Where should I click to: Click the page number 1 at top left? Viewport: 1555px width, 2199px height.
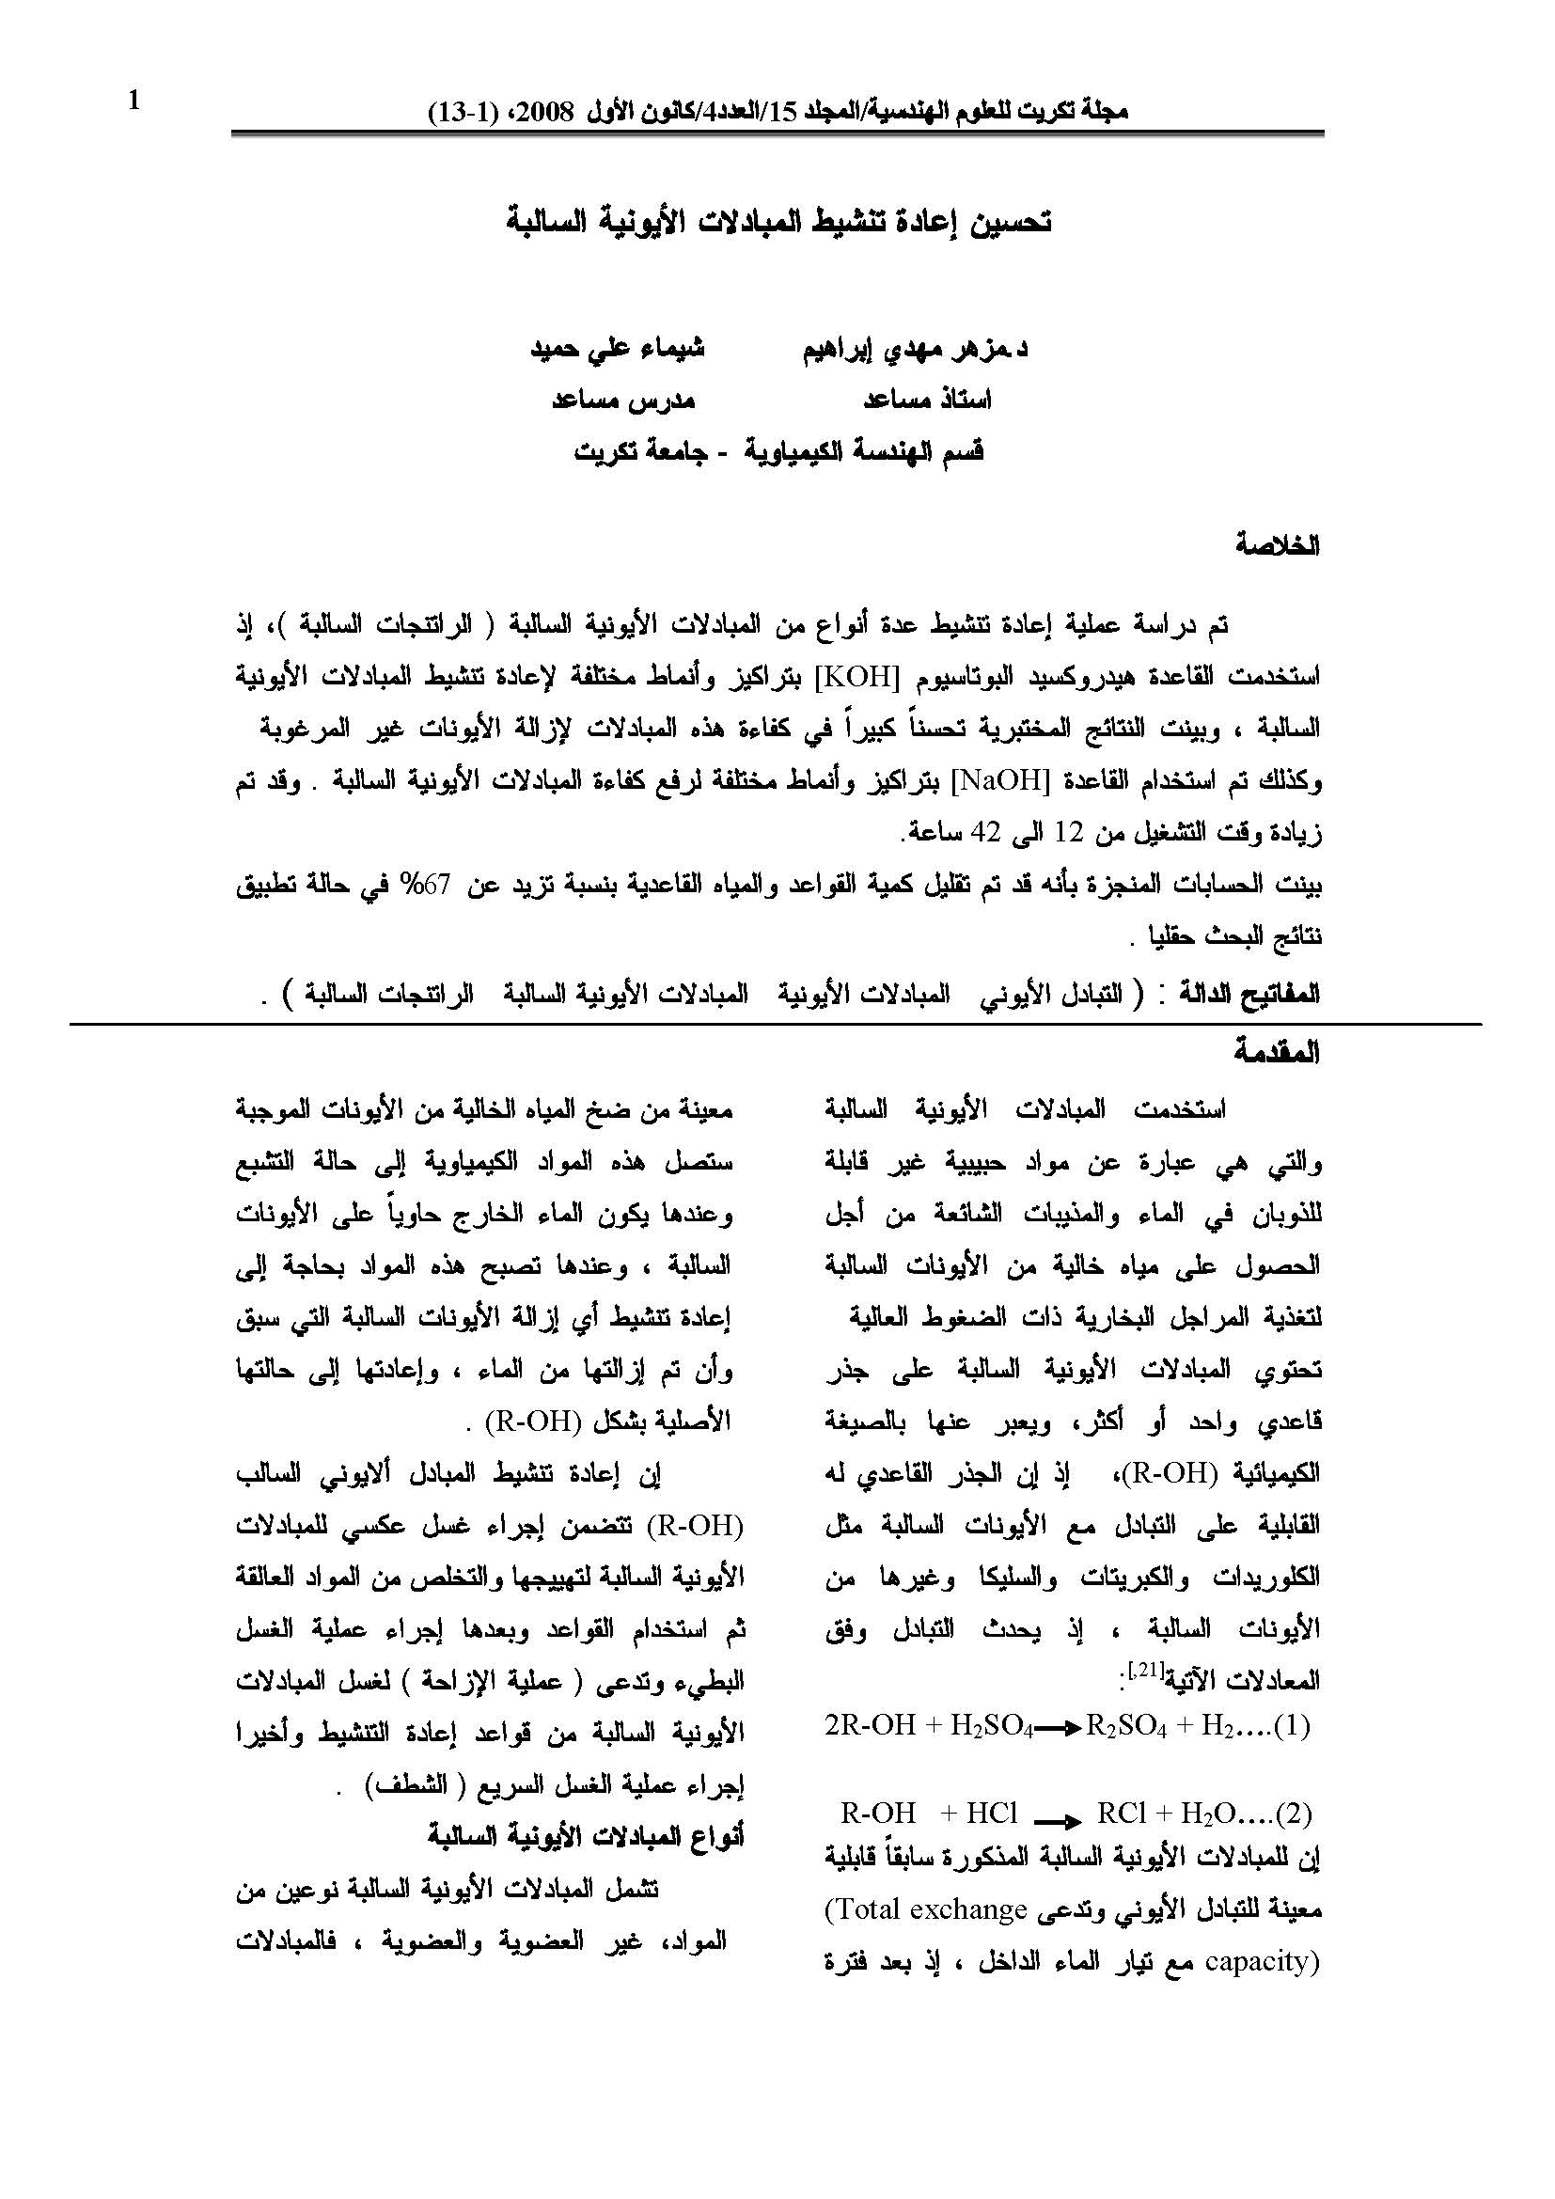coord(134,100)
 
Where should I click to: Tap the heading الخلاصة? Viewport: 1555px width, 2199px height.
coord(1278,546)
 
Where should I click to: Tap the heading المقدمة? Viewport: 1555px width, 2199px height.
coord(1277,1054)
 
